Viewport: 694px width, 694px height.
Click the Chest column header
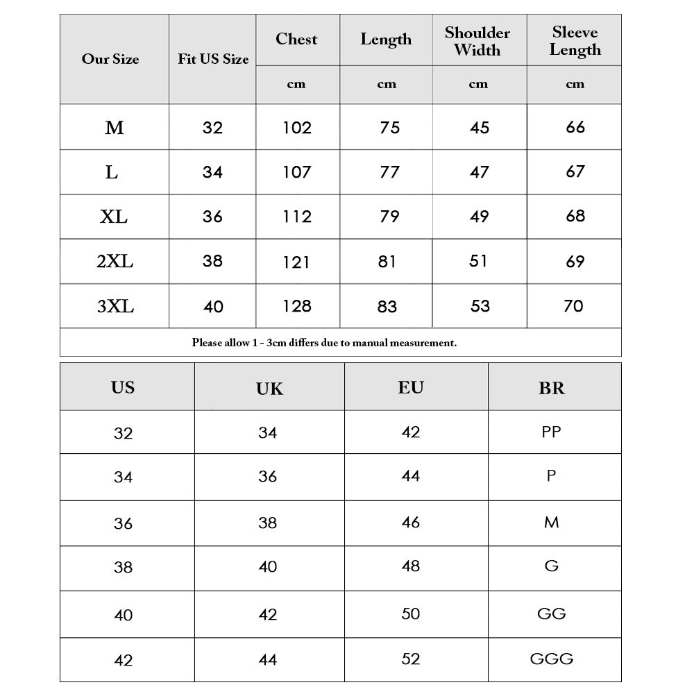click(296, 39)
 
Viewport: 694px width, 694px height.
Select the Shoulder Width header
click(477, 41)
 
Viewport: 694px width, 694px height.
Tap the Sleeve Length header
click(575, 41)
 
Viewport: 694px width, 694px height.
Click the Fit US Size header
click(213, 59)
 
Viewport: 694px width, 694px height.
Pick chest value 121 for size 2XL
click(296, 262)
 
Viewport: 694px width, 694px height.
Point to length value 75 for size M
click(389, 128)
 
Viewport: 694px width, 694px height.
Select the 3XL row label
click(115, 306)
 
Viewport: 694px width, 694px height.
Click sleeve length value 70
click(573, 305)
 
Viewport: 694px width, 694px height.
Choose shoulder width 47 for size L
click(479, 172)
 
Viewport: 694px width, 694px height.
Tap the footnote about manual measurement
click(324, 342)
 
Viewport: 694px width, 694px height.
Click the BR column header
click(552, 388)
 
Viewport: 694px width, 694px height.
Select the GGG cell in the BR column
click(552, 659)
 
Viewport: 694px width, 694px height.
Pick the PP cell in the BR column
click(551, 432)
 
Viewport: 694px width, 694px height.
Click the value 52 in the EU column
click(411, 659)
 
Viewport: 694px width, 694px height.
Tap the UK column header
click(269, 389)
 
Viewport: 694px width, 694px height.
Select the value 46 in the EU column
click(411, 522)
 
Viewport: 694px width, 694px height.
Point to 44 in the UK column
click(268, 659)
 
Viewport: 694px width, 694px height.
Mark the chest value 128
click(297, 306)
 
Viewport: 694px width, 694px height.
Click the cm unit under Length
click(387, 85)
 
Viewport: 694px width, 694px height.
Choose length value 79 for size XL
click(389, 217)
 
